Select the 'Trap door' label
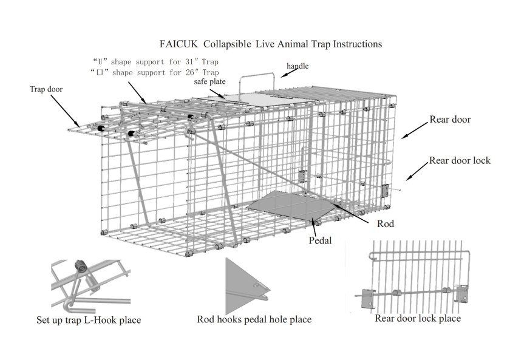click(46, 89)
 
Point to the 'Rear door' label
click(450, 120)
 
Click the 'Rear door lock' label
click(458, 161)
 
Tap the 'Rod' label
click(385, 223)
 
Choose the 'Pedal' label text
click(321, 240)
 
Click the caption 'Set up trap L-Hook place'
click(89, 319)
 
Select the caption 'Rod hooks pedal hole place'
click(254, 319)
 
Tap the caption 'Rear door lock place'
click(418, 318)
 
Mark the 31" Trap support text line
click(155, 61)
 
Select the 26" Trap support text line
click(155, 72)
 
